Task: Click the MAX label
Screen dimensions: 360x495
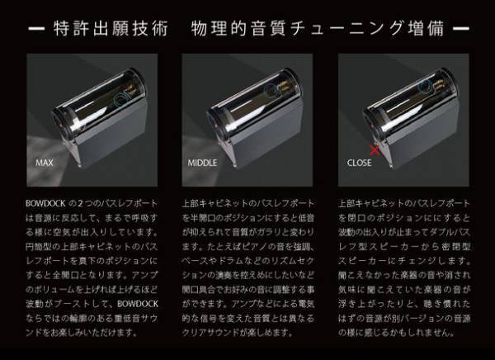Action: point(44,163)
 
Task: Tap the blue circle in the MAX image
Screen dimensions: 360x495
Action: point(120,97)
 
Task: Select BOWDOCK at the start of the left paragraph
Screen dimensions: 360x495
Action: point(45,201)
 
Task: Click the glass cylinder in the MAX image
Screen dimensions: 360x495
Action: point(91,103)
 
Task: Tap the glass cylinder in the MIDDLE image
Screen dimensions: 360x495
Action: point(247,103)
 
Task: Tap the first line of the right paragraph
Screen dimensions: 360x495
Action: point(403,201)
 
